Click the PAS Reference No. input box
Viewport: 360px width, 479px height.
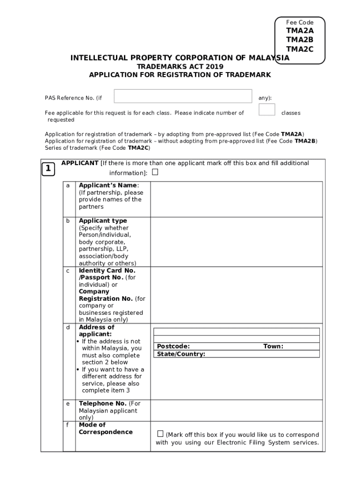(183, 96)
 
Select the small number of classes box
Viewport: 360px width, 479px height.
(266, 110)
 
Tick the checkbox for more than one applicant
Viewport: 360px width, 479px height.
(155, 172)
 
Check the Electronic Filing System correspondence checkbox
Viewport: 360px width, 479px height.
(160, 434)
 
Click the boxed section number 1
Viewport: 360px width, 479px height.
(48, 169)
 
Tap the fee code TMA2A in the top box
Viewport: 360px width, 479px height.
(300, 31)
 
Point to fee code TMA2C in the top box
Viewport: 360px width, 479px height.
(300, 49)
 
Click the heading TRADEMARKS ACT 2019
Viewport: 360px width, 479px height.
(180, 66)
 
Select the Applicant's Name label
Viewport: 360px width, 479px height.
(108, 185)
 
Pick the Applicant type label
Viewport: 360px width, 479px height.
(103, 221)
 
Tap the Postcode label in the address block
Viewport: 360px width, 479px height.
(173, 346)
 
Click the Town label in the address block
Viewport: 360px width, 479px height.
(273, 346)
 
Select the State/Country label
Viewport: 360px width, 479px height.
(181, 354)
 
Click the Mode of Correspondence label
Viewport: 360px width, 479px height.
(105, 428)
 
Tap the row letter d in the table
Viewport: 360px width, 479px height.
(68, 327)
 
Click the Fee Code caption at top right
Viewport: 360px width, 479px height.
(300, 22)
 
